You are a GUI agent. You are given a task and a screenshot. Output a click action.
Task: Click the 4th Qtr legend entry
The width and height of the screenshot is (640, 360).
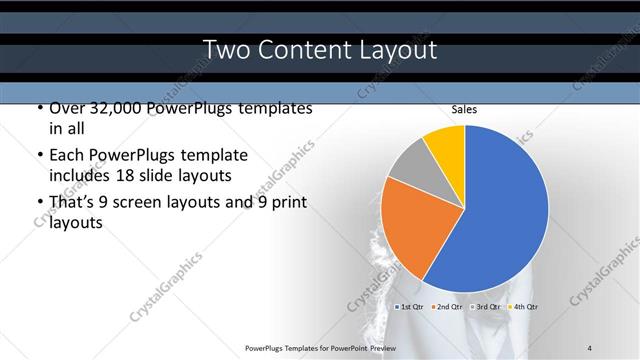click(524, 306)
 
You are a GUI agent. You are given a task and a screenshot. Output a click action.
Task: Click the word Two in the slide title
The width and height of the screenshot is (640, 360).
click(225, 49)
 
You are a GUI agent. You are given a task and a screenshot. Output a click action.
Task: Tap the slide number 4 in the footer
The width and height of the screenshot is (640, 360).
click(590, 347)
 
